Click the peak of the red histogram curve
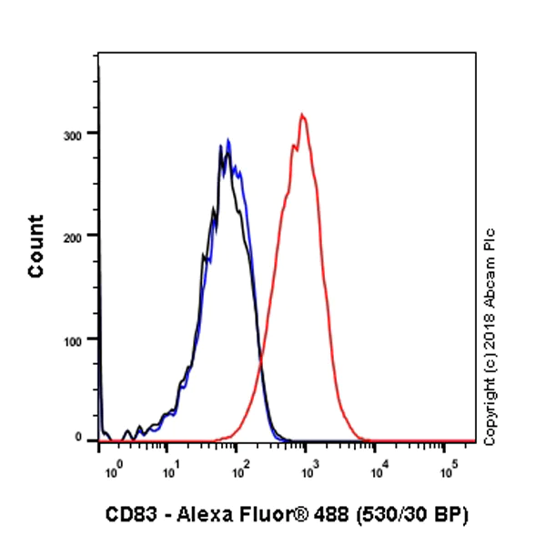click(302, 115)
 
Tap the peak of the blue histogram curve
click(228, 140)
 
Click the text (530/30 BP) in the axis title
click(416, 516)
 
